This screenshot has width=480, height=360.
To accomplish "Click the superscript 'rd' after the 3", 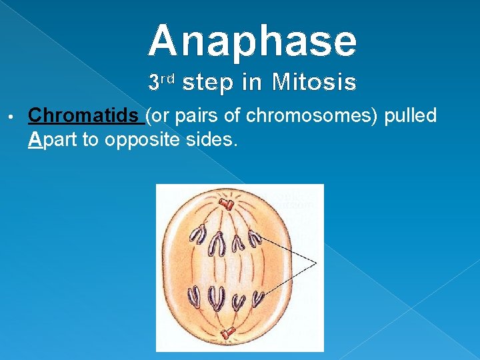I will pyautogui.click(x=167, y=79).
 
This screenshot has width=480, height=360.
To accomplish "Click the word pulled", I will pyautogui.click(x=409, y=116).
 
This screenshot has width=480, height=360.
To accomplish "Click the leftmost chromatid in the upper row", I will pyautogui.click(x=198, y=234).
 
